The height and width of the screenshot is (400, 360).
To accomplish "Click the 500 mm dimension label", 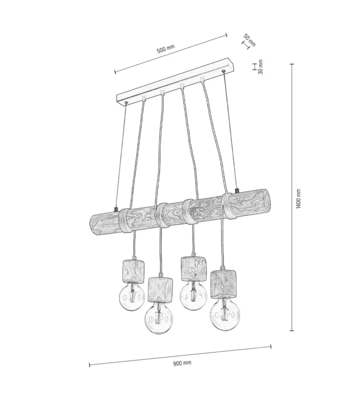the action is tap(166, 48).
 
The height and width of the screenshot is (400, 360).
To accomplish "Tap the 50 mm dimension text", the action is tap(249, 40).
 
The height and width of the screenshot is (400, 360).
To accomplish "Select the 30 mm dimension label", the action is tap(260, 67).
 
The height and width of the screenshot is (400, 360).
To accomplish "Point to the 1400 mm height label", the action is tap(298, 198).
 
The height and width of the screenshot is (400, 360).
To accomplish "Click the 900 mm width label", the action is tap(182, 363).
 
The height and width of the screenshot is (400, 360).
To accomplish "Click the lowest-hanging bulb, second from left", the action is tap(159, 319).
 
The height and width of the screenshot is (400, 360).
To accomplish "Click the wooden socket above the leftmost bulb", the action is tap(134, 271).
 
